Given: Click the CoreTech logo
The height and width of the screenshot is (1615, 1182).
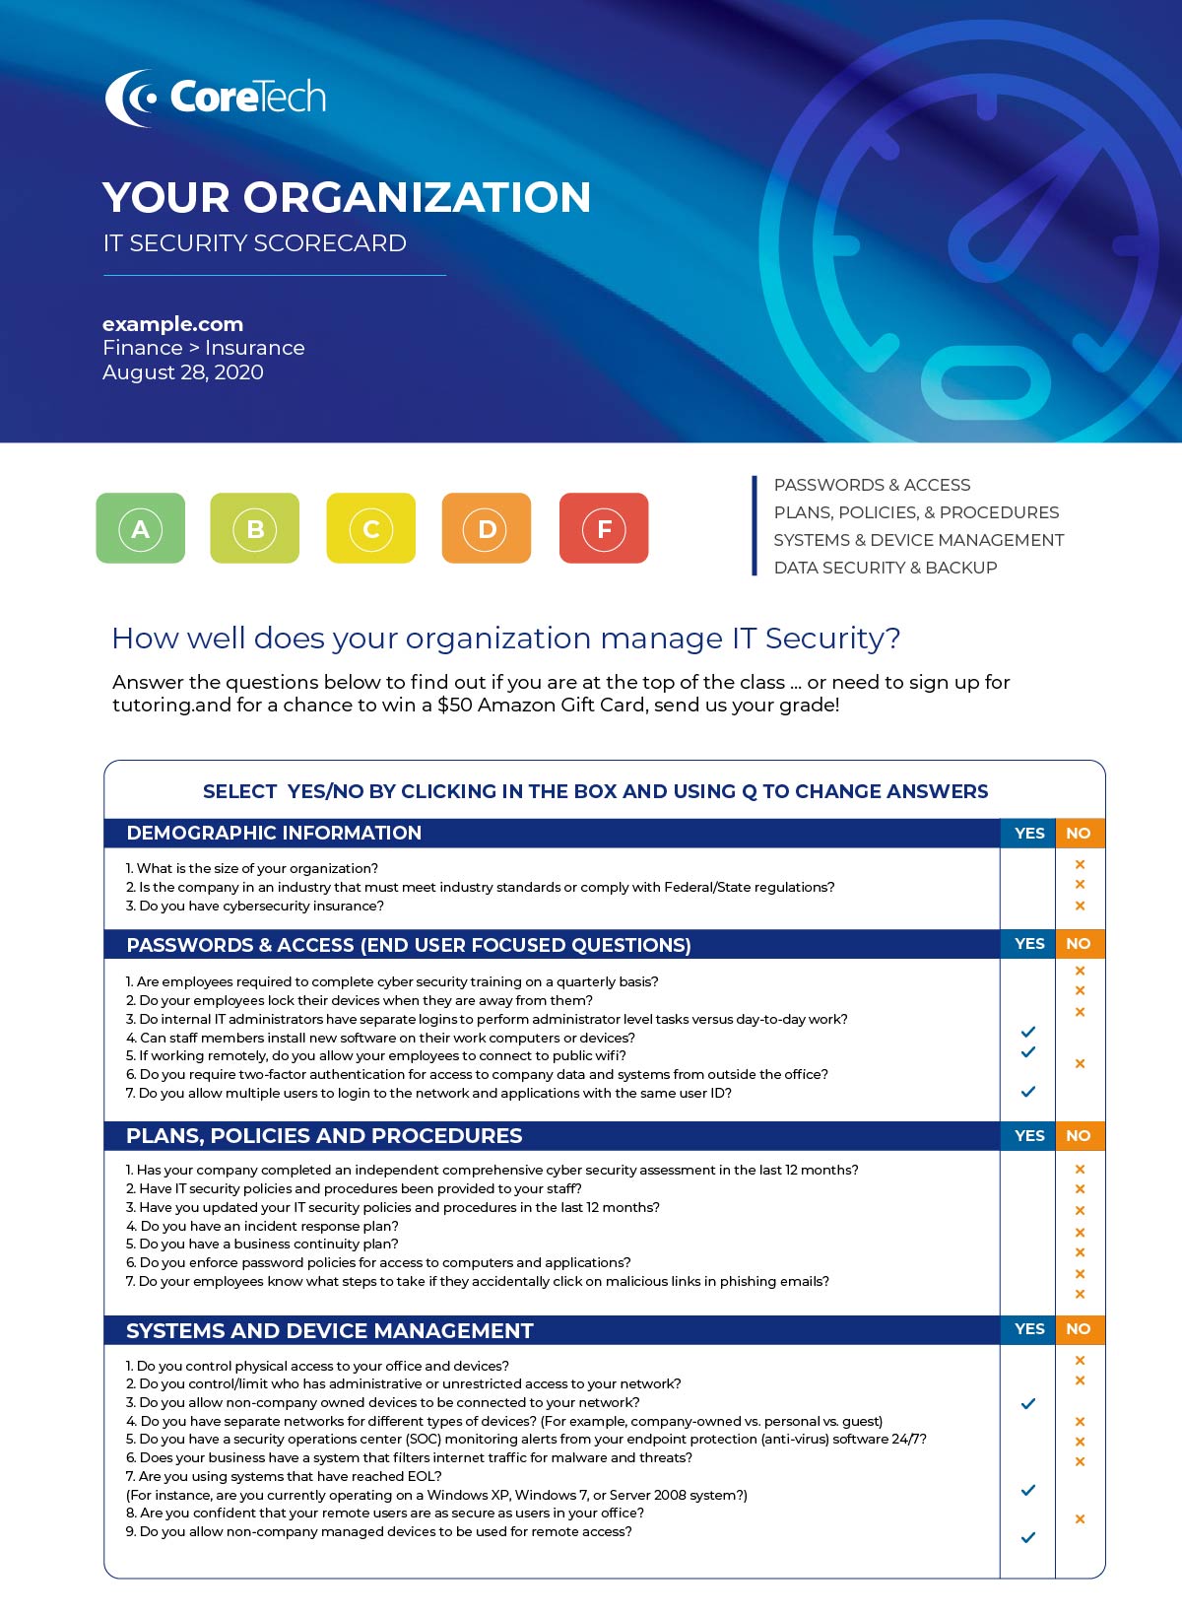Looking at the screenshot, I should (x=216, y=98).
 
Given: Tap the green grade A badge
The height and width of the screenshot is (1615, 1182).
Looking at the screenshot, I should (x=141, y=529).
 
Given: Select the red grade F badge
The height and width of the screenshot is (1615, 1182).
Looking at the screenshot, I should (x=604, y=529).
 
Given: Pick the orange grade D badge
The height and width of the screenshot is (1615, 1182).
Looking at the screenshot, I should (x=487, y=529).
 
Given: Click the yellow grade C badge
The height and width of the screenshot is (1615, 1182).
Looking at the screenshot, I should (x=371, y=529).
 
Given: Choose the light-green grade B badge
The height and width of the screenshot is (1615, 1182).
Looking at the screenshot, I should (x=255, y=529).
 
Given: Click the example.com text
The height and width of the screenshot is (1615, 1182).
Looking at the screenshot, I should (x=173, y=324).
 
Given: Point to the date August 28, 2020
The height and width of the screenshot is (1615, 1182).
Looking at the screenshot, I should (x=183, y=372).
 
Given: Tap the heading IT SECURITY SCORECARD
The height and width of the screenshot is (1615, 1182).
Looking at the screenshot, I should (x=255, y=243).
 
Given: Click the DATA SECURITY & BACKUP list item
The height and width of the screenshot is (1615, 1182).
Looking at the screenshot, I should (x=886, y=568).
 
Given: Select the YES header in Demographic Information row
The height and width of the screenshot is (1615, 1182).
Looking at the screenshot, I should (x=1029, y=834).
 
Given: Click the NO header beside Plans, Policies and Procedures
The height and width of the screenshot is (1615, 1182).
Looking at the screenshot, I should (x=1079, y=1136).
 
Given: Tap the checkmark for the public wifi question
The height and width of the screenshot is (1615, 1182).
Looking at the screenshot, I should (x=1028, y=1052).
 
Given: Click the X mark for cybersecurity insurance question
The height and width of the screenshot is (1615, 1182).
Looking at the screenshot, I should (x=1081, y=906).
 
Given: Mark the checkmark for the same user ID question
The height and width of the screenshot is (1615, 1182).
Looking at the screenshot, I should (x=1028, y=1092).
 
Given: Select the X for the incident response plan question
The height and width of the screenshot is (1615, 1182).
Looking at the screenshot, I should (x=1081, y=1233).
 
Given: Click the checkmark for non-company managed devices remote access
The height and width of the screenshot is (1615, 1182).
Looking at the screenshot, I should (x=1028, y=1537).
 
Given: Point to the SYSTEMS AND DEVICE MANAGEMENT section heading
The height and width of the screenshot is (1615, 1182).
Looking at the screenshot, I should (x=330, y=1331).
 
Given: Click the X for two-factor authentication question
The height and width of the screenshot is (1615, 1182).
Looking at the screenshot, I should (x=1081, y=1064).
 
